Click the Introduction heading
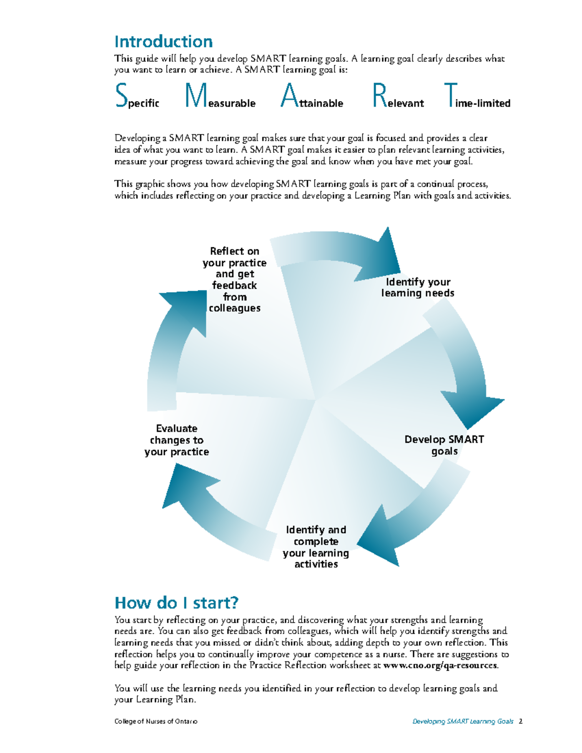(x=163, y=42)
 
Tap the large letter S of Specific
(x=121, y=95)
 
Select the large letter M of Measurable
(x=196, y=95)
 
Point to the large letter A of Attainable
(x=289, y=95)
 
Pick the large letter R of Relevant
(x=379, y=95)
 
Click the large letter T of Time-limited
(x=451, y=95)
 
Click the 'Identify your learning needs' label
(x=418, y=288)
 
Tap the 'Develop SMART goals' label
(x=444, y=445)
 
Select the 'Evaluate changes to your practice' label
(x=177, y=440)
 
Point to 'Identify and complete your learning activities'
(x=316, y=547)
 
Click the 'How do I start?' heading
(x=177, y=603)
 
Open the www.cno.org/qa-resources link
(x=440, y=665)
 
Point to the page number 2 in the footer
(x=520, y=721)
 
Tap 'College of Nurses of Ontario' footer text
(x=156, y=721)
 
